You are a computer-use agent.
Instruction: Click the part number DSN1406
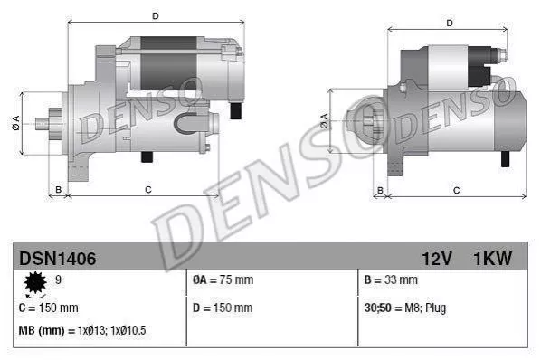[x=57, y=259]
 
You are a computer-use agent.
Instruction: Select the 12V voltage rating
[x=435, y=259]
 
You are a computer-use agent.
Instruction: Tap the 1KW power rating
[x=492, y=259]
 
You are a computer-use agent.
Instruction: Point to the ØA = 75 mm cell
[x=223, y=280]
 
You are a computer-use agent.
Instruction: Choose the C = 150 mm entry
[x=48, y=308]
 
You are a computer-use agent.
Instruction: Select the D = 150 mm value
[x=223, y=308]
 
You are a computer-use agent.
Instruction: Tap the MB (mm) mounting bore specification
[x=82, y=330]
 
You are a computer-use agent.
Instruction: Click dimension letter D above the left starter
[x=156, y=15]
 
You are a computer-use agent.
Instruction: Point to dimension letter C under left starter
[x=147, y=189]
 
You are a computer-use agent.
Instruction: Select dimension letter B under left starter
[x=58, y=189]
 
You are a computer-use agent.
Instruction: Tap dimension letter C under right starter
[x=456, y=189]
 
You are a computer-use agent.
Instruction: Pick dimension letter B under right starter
[x=380, y=189]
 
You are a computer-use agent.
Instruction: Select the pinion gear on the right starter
[x=365, y=120]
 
